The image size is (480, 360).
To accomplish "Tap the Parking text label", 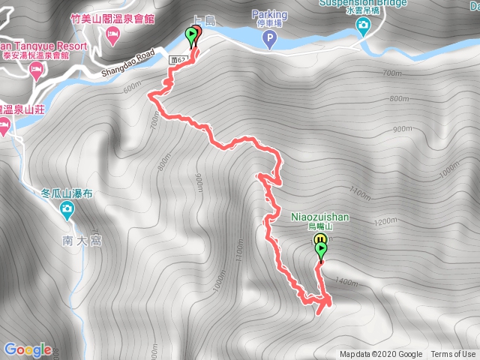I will pyautogui.click(x=269, y=13).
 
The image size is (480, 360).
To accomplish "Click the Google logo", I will pyautogui.click(x=28, y=349).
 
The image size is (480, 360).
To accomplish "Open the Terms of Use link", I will pyautogui.click(x=452, y=355).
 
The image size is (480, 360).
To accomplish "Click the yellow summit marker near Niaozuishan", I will pyautogui.click(x=318, y=240).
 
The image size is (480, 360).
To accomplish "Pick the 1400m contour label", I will pyautogui.click(x=346, y=282).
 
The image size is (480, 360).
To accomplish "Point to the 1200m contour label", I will pyautogui.click(x=383, y=222).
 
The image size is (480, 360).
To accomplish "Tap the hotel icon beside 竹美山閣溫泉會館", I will pyautogui.click(x=112, y=34).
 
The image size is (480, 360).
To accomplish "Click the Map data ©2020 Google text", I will pyautogui.click(x=380, y=355).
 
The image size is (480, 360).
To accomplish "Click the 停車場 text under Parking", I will pyautogui.click(x=268, y=23).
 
